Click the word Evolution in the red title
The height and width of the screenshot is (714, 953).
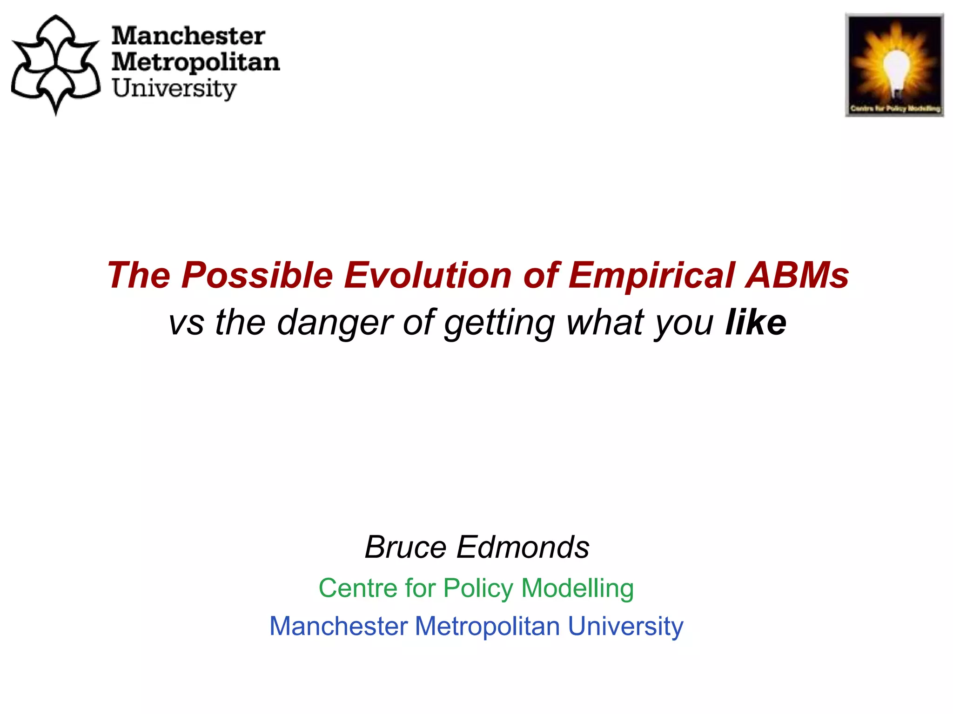pyautogui.click(x=428, y=275)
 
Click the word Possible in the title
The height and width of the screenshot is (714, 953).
pyautogui.click(x=257, y=275)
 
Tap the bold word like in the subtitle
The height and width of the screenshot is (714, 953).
pyautogui.click(x=756, y=322)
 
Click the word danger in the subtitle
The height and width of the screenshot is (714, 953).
pyautogui.click(x=335, y=322)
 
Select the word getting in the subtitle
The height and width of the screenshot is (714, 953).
pyautogui.click(x=499, y=322)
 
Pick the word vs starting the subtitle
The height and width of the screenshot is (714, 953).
pyautogui.click(x=186, y=322)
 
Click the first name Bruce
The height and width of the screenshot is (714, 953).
pyautogui.click(x=405, y=547)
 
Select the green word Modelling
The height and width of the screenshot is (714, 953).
pyautogui.click(x=577, y=588)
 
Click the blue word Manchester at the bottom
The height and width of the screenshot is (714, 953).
pyautogui.click(x=339, y=626)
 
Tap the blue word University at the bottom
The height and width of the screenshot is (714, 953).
pyautogui.click(x=625, y=626)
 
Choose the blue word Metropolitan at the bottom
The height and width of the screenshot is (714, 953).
pyautogui.click(x=487, y=626)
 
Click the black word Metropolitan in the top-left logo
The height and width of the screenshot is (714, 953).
pyautogui.click(x=195, y=62)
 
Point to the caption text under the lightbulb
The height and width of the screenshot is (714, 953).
pyautogui.click(x=894, y=109)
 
